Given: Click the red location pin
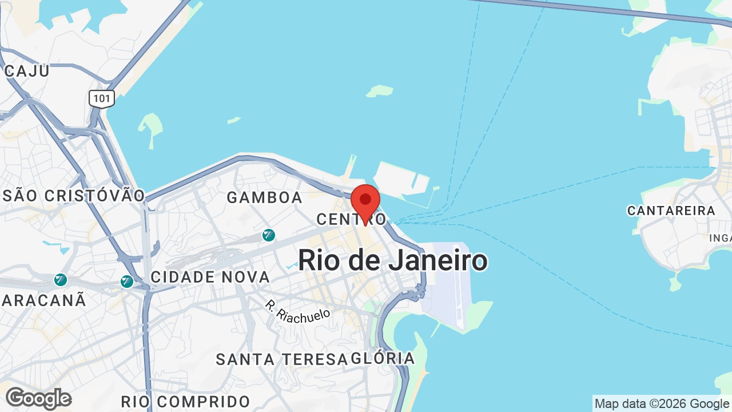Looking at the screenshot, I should click(365, 201).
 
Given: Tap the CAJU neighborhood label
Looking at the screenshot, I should click(27, 71).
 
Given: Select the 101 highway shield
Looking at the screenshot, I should click(102, 98).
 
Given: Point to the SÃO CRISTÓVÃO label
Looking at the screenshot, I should click(74, 195).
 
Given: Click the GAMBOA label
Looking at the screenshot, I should click(264, 197).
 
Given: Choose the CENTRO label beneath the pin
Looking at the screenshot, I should click(351, 219).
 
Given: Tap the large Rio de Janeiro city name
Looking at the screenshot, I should click(393, 260).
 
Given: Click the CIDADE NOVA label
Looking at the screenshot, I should click(210, 277).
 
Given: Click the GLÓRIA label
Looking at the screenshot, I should click(383, 358).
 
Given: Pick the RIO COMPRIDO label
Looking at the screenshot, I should click(186, 401).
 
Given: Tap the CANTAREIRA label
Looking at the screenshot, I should click(671, 211).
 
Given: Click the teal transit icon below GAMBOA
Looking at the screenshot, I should click(268, 235).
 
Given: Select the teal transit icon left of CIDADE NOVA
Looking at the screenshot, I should click(127, 281).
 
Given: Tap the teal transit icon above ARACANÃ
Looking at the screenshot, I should click(60, 280).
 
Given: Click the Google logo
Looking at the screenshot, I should click(38, 398).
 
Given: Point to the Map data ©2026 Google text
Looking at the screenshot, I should click(662, 403).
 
